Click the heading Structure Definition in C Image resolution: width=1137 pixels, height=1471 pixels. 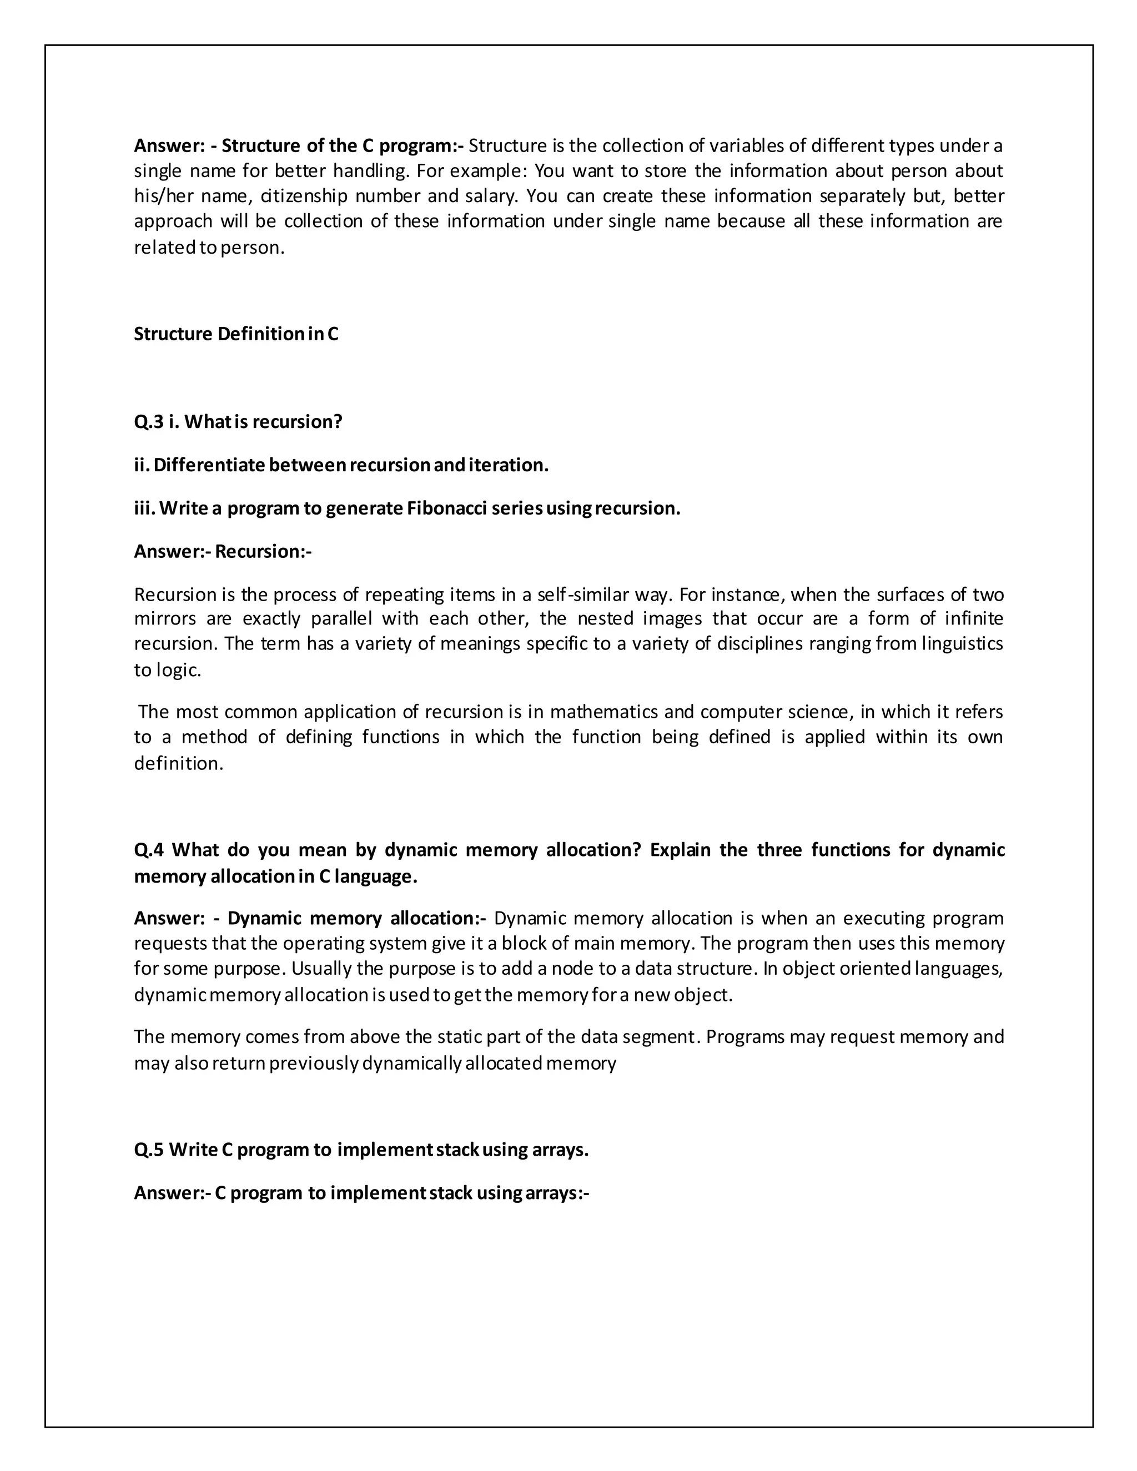click(x=236, y=334)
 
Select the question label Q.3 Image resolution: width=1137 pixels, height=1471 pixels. click(x=148, y=422)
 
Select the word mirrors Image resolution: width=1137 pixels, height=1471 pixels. click(x=165, y=618)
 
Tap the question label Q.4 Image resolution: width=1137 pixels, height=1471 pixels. click(x=149, y=850)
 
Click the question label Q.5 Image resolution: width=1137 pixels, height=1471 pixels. click(x=148, y=1150)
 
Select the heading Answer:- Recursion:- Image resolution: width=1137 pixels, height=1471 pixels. click(x=223, y=552)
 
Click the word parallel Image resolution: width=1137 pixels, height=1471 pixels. click(x=341, y=618)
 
